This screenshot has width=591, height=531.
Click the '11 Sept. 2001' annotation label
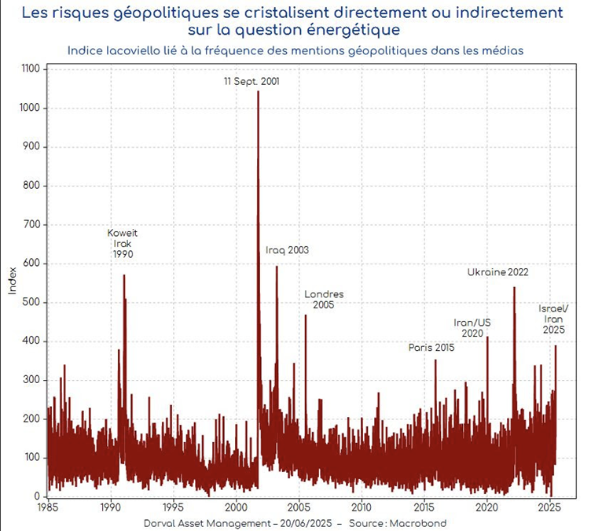tap(251, 81)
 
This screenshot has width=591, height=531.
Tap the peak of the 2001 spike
tap(259, 92)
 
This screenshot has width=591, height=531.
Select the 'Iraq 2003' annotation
tap(287, 250)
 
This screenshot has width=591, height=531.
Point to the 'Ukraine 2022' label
tap(497, 273)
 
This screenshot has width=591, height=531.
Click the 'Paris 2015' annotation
tap(431, 348)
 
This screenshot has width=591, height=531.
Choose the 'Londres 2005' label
tap(324, 300)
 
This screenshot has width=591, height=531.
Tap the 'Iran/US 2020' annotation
tap(472, 327)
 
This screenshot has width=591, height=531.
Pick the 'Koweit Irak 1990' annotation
tap(122, 244)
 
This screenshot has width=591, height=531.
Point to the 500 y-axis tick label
tap(32, 302)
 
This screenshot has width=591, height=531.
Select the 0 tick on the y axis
tap(37, 496)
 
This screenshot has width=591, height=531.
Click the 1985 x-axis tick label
tap(48, 509)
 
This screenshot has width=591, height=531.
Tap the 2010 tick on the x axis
tap(362, 509)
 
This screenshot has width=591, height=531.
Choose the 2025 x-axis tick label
tap(549, 509)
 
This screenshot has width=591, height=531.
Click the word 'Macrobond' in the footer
tap(423, 523)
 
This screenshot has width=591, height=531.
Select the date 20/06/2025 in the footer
tap(299, 523)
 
